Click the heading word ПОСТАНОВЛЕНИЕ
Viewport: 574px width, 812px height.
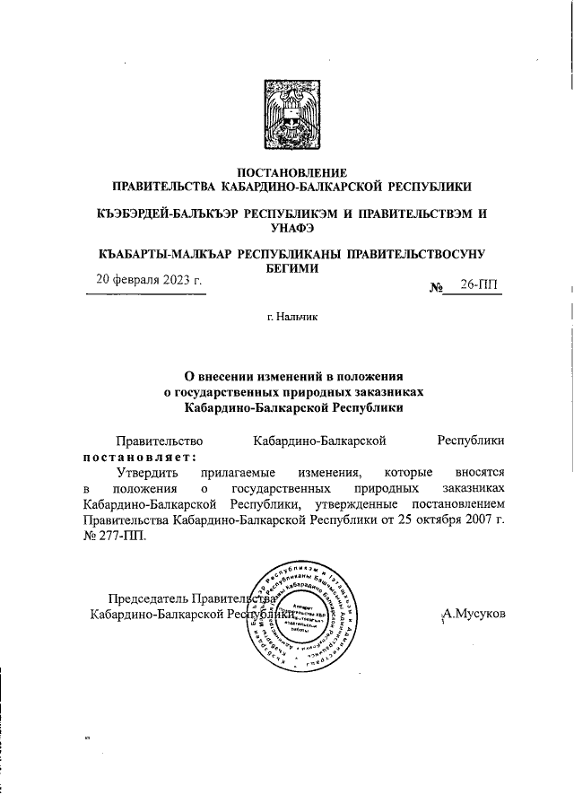(290, 171)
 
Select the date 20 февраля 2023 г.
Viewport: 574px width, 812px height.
(150, 279)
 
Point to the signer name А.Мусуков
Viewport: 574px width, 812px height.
(474, 614)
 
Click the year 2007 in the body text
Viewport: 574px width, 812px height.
(480, 520)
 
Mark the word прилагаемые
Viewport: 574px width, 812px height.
(235, 472)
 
